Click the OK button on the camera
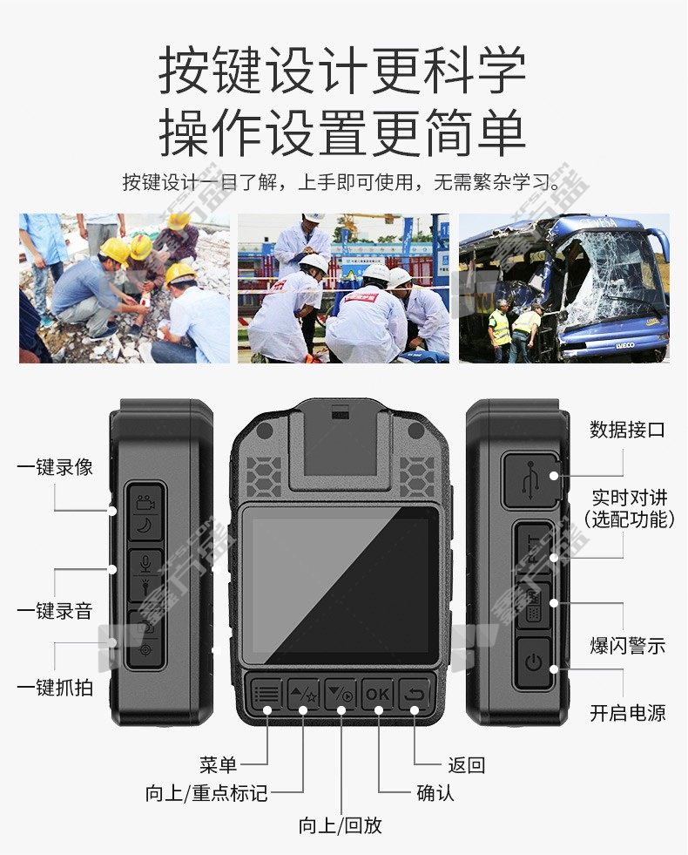(377, 694)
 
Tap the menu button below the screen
(266, 694)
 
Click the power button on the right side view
(533, 663)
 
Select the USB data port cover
(530, 480)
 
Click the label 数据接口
(627, 430)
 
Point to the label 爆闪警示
(628, 646)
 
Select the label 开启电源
(628, 713)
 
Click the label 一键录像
(55, 467)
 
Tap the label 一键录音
(55, 611)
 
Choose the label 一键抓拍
(55, 688)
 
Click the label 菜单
(218, 765)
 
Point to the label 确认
(435, 793)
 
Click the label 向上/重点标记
(206, 793)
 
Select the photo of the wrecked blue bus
(563, 288)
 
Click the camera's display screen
(341, 585)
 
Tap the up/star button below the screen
(303, 694)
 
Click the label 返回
(466, 765)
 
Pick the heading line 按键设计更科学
(342, 70)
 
